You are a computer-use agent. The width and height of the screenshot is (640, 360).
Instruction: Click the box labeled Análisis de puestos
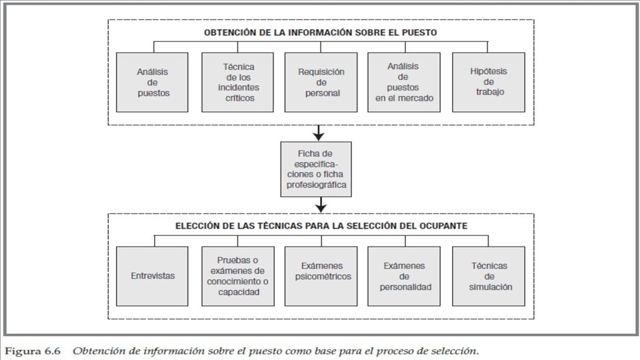[x=153, y=82]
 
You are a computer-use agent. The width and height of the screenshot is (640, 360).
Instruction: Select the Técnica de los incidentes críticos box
[x=237, y=82]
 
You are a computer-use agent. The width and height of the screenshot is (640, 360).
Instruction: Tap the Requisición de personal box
[x=321, y=82]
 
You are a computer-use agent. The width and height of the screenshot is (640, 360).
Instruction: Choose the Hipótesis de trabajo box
[x=487, y=82]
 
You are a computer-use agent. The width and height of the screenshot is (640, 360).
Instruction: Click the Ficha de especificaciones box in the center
[x=316, y=169]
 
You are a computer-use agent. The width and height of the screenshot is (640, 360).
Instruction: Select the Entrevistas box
[x=153, y=275]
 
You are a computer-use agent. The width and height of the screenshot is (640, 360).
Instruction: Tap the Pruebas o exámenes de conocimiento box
[x=237, y=275]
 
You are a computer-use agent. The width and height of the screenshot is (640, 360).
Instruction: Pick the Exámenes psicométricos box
[x=321, y=275]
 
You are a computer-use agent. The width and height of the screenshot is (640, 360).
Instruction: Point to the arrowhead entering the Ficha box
[x=318, y=136]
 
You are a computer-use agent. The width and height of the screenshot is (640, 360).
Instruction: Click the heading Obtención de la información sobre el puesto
[x=320, y=31]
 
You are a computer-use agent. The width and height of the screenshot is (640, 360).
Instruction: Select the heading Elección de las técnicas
[x=321, y=225]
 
